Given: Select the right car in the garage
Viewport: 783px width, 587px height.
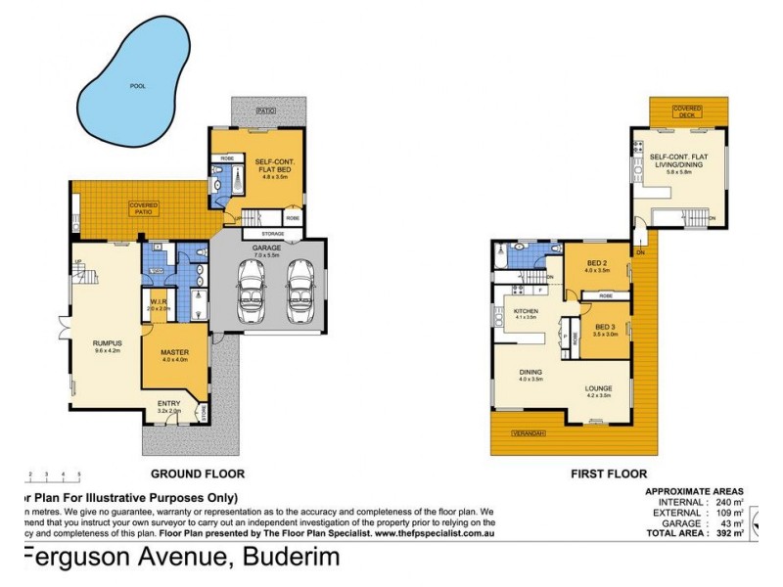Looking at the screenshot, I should click(299, 290).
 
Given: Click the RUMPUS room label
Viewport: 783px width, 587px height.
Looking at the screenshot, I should click(108, 343).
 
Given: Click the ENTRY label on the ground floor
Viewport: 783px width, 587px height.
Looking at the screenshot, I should click(169, 404).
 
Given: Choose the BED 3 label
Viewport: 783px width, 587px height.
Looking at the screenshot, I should click(604, 327).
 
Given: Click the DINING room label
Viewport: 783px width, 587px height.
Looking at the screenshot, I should click(530, 373).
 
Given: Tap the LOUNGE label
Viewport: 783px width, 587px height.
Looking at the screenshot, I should click(598, 389).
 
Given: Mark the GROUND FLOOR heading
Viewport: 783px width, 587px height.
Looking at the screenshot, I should click(205, 473).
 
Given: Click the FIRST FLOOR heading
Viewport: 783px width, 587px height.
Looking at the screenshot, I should click(608, 473).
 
